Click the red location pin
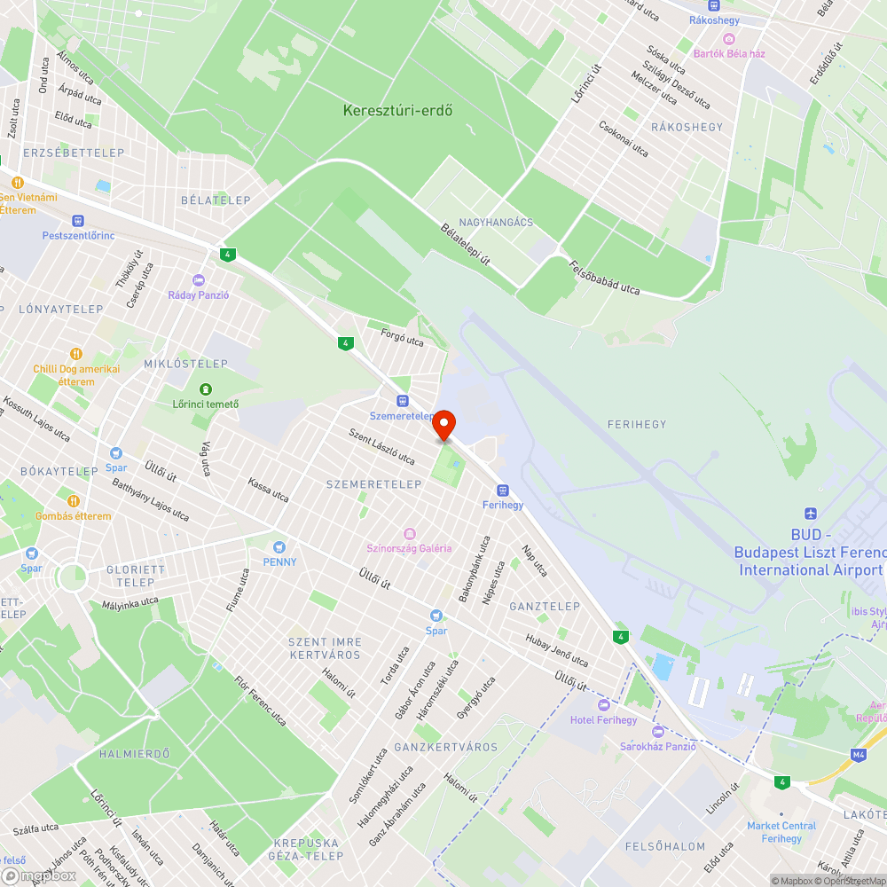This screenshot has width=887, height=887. click(443, 424)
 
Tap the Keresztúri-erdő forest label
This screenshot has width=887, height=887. click(398, 111)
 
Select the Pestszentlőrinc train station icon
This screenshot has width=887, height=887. click(78, 220)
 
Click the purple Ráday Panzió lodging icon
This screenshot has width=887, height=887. click(199, 279)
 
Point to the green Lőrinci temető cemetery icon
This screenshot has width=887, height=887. click(206, 389)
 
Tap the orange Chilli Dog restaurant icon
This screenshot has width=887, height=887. click(75, 353)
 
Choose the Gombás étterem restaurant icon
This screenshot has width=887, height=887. click(74, 500)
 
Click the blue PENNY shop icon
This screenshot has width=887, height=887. click(279, 546)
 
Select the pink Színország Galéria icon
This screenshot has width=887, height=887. click(409, 533)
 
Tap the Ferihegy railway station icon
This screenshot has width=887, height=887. click(503, 490)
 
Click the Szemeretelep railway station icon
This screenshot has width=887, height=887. click(402, 401)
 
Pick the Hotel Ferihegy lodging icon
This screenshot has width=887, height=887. click(603, 704)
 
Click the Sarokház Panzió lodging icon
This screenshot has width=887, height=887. click(657, 732)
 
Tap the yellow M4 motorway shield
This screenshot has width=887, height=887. click(858, 755)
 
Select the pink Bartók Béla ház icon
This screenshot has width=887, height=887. click(728, 38)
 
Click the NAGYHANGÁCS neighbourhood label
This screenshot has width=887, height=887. click(496, 222)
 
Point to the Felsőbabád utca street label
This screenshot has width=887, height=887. click(604, 277)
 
